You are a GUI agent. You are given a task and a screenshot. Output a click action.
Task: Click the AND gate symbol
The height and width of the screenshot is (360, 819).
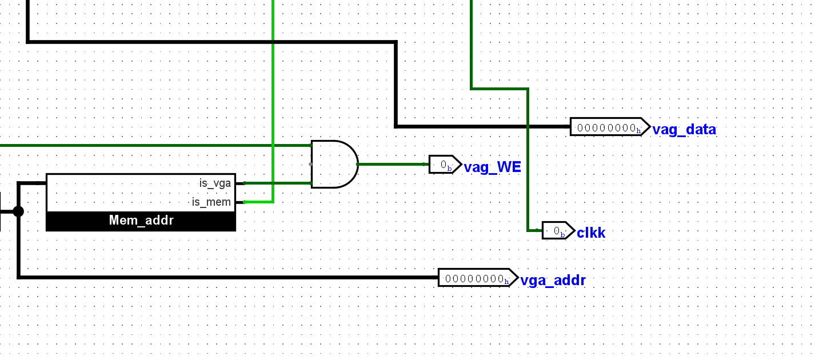pos(334,164)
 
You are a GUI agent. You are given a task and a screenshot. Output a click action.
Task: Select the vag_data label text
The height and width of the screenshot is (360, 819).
pos(684,130)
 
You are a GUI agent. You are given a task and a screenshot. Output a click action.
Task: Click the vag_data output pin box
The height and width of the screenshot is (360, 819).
pos(609,127)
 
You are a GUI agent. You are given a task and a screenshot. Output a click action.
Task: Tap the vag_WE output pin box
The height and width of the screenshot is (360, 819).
pos(445,165)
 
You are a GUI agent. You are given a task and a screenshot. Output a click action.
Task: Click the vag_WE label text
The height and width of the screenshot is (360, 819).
pos(492,167)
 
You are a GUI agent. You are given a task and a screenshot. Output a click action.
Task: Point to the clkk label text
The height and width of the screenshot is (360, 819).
pos(591,233)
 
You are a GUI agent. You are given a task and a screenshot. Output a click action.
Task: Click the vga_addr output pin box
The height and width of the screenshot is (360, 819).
pos(477,278)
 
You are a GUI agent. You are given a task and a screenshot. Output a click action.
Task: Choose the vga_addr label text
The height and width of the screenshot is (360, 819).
pos(553,281)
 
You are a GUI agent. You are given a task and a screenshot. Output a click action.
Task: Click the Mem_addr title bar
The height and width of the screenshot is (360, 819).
pos(141,221)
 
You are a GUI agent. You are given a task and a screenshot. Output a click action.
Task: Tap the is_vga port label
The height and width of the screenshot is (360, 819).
pos(215,183)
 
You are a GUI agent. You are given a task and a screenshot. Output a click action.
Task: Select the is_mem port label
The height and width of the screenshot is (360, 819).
pos(211,202)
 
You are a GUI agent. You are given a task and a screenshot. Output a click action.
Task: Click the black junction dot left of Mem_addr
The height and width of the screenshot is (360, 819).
pos(18,211)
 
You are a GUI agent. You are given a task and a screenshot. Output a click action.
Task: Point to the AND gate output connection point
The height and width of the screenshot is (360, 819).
pos(358,164)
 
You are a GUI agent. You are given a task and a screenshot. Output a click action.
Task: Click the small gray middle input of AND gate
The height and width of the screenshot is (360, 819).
pos(311,164)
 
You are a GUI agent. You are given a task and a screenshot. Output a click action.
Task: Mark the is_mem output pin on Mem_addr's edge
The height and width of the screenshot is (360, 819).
pos(244,202)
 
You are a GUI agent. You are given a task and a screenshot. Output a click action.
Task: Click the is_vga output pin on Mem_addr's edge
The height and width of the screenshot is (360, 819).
pos(244,183)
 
